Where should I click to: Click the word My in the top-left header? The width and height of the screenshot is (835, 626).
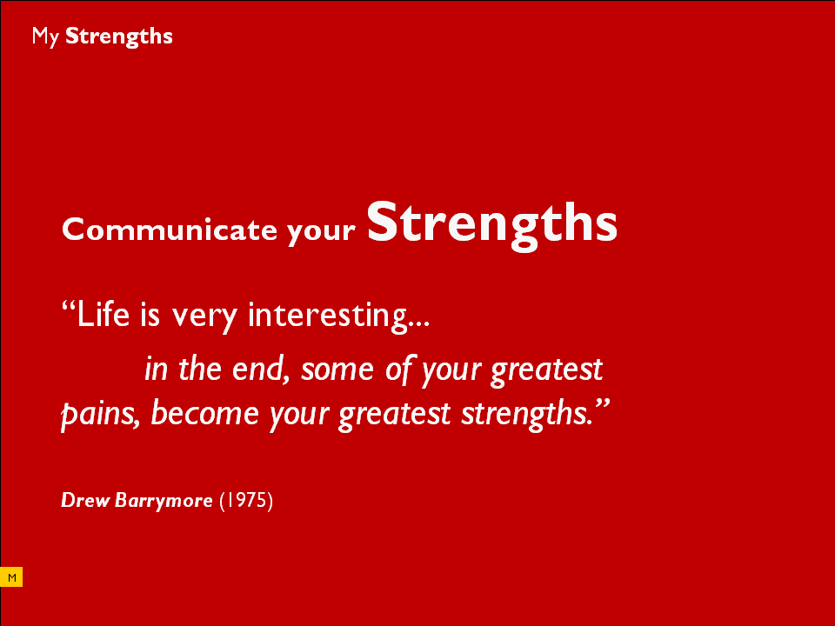[44, 37]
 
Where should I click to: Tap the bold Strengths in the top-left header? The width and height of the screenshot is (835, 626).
[119, 37]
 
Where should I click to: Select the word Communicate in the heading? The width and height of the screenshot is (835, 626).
[170, 230]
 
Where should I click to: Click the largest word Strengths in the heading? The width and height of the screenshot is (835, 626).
[492, 224]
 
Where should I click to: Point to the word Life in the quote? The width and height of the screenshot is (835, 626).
[104, 314]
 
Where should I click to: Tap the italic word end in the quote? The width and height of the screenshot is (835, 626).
[260, 369]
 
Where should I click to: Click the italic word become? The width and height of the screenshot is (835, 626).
[205, 413]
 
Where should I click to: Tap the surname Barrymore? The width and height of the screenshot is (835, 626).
[164, 502]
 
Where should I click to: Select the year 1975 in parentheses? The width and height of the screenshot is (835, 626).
[246, 501]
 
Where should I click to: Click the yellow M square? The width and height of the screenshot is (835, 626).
[11, 577]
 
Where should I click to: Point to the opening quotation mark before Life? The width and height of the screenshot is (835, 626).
[69, 306]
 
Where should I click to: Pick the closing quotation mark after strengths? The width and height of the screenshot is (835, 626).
[602, 404]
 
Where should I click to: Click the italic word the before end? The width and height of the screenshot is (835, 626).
[200, 369]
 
